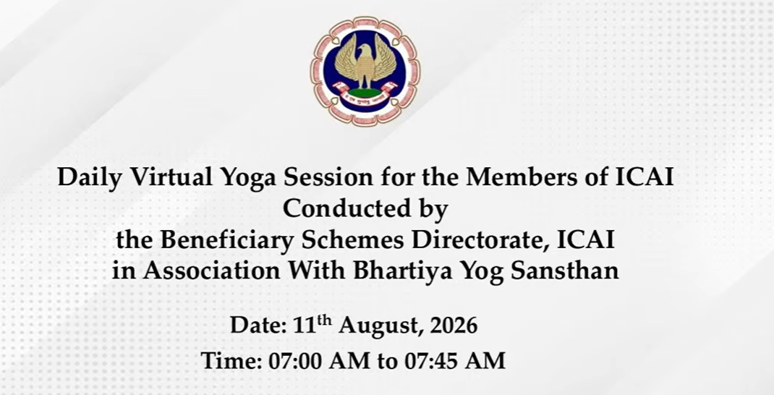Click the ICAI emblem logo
click(x=365, y=71)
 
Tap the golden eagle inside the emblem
click(x=365, y=62)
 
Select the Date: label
click(x=258, y=326)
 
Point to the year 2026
click(x=454, y=326)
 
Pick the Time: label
click(x=231, y=361)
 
